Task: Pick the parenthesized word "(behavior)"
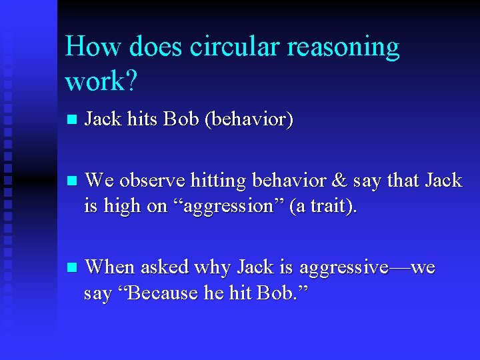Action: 249,120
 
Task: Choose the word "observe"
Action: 153,180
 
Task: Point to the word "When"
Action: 109,267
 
